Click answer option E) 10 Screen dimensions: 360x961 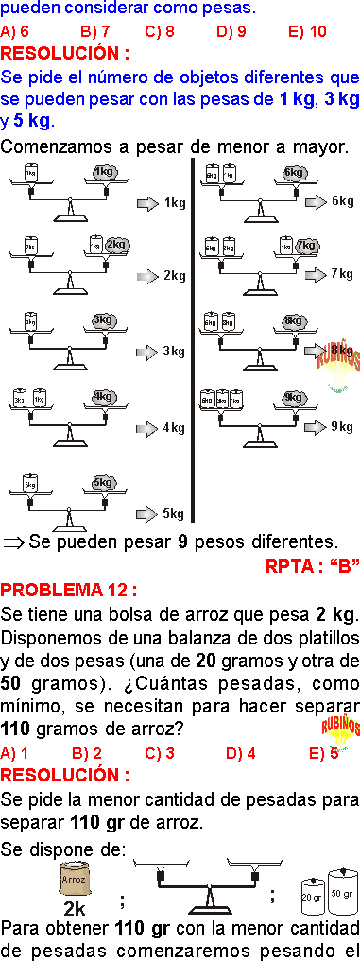point(307,31)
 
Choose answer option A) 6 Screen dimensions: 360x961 point(15,31)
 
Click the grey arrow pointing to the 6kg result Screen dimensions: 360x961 point(316,200)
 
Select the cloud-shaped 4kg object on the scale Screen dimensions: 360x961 point(103,397)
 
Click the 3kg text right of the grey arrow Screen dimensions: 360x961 point(174,352)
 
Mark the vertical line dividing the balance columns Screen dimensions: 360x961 point(195,340)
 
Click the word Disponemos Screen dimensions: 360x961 point(56,636)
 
